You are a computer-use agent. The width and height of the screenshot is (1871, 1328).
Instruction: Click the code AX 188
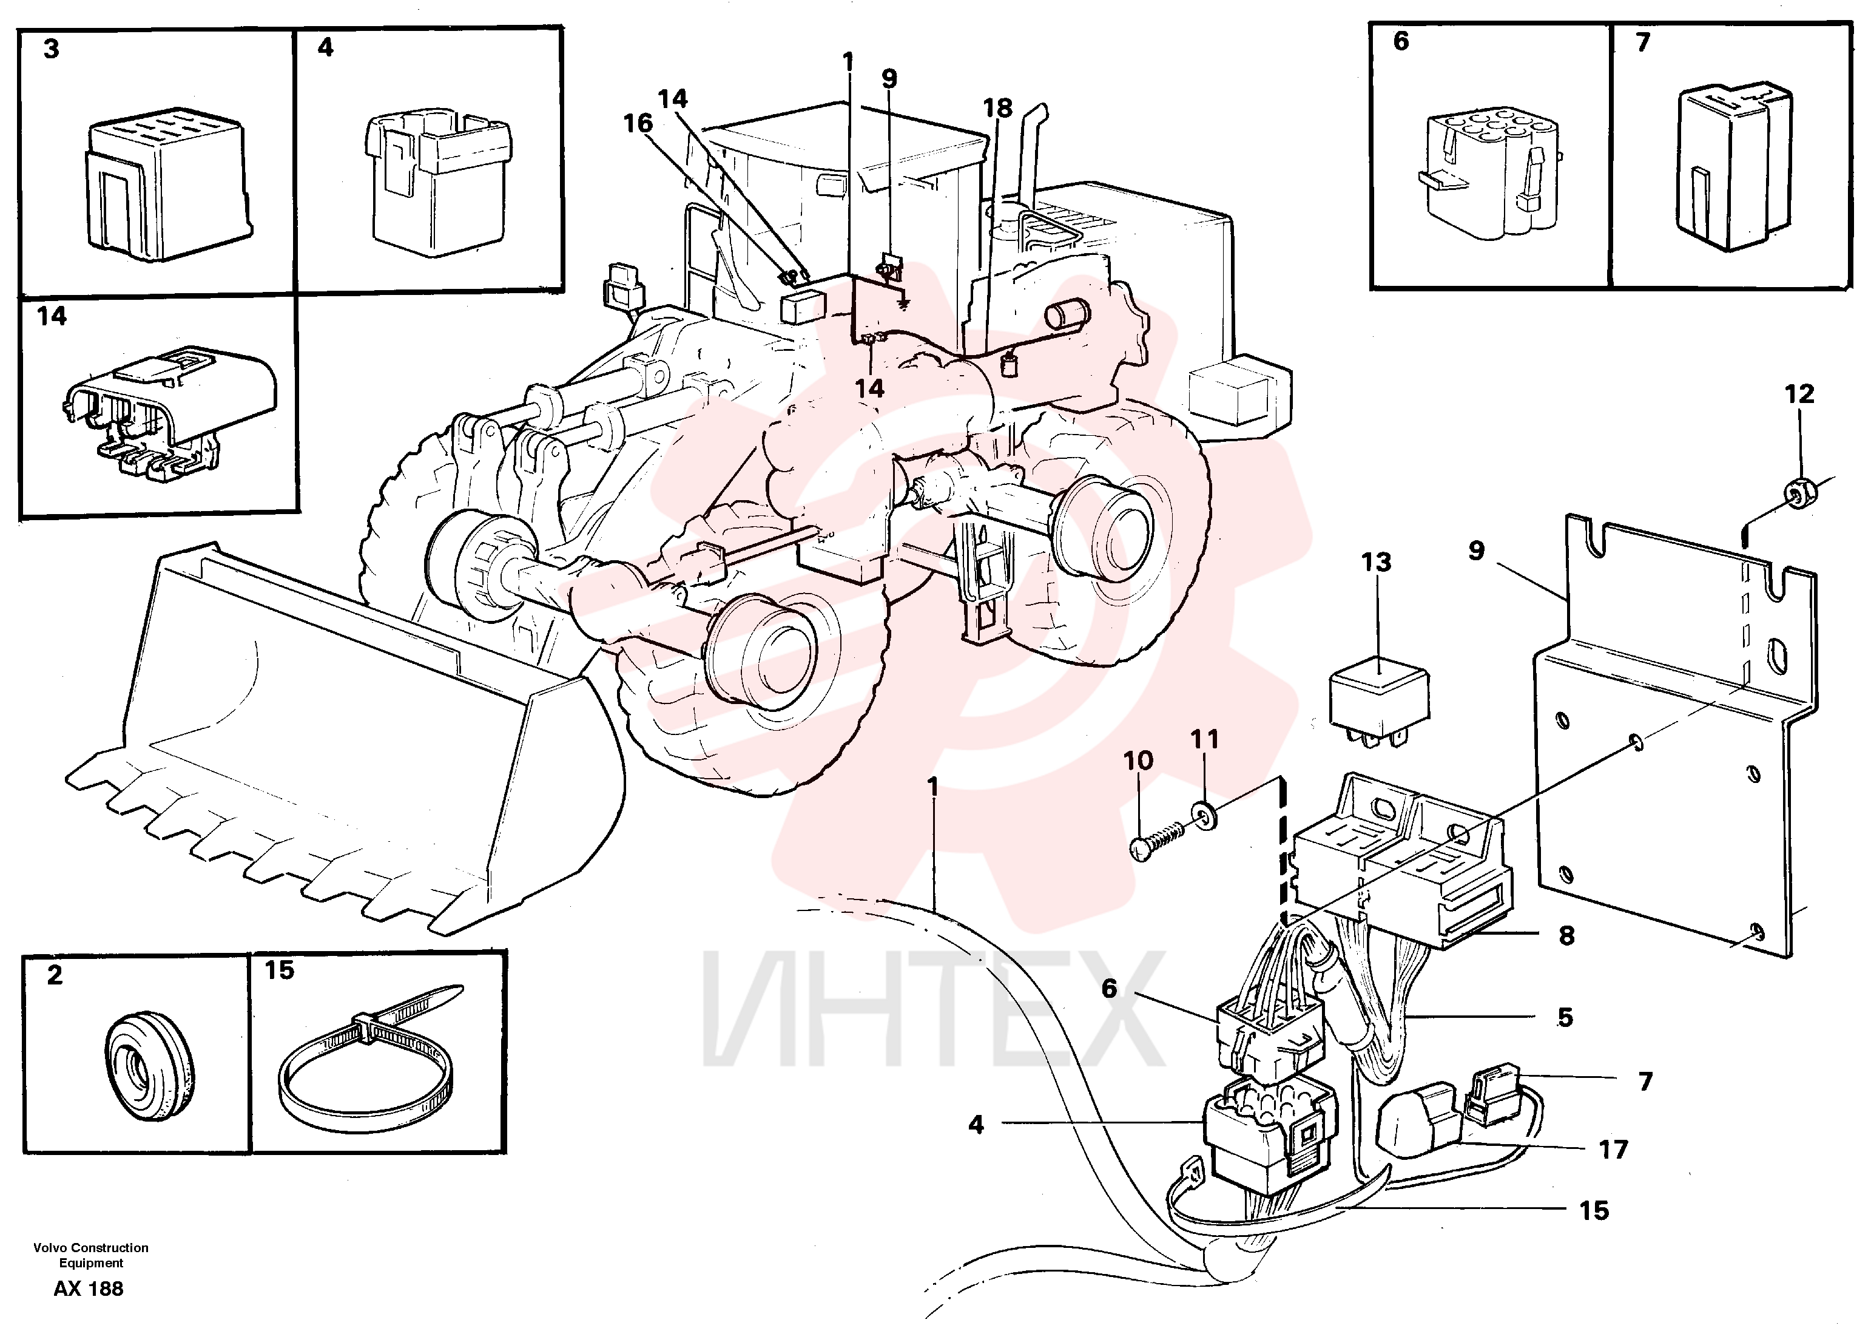point(89,1289)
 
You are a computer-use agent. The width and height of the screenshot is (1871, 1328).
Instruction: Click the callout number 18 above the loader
point(997,108)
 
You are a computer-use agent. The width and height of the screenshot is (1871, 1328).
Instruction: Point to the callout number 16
point(638,123)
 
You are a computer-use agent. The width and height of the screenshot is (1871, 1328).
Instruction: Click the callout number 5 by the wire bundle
point(1565,1017)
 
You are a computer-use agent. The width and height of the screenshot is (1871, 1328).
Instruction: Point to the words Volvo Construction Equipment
point(91,1255)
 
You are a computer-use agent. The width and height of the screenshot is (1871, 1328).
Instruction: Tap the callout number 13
point(1377,563)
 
